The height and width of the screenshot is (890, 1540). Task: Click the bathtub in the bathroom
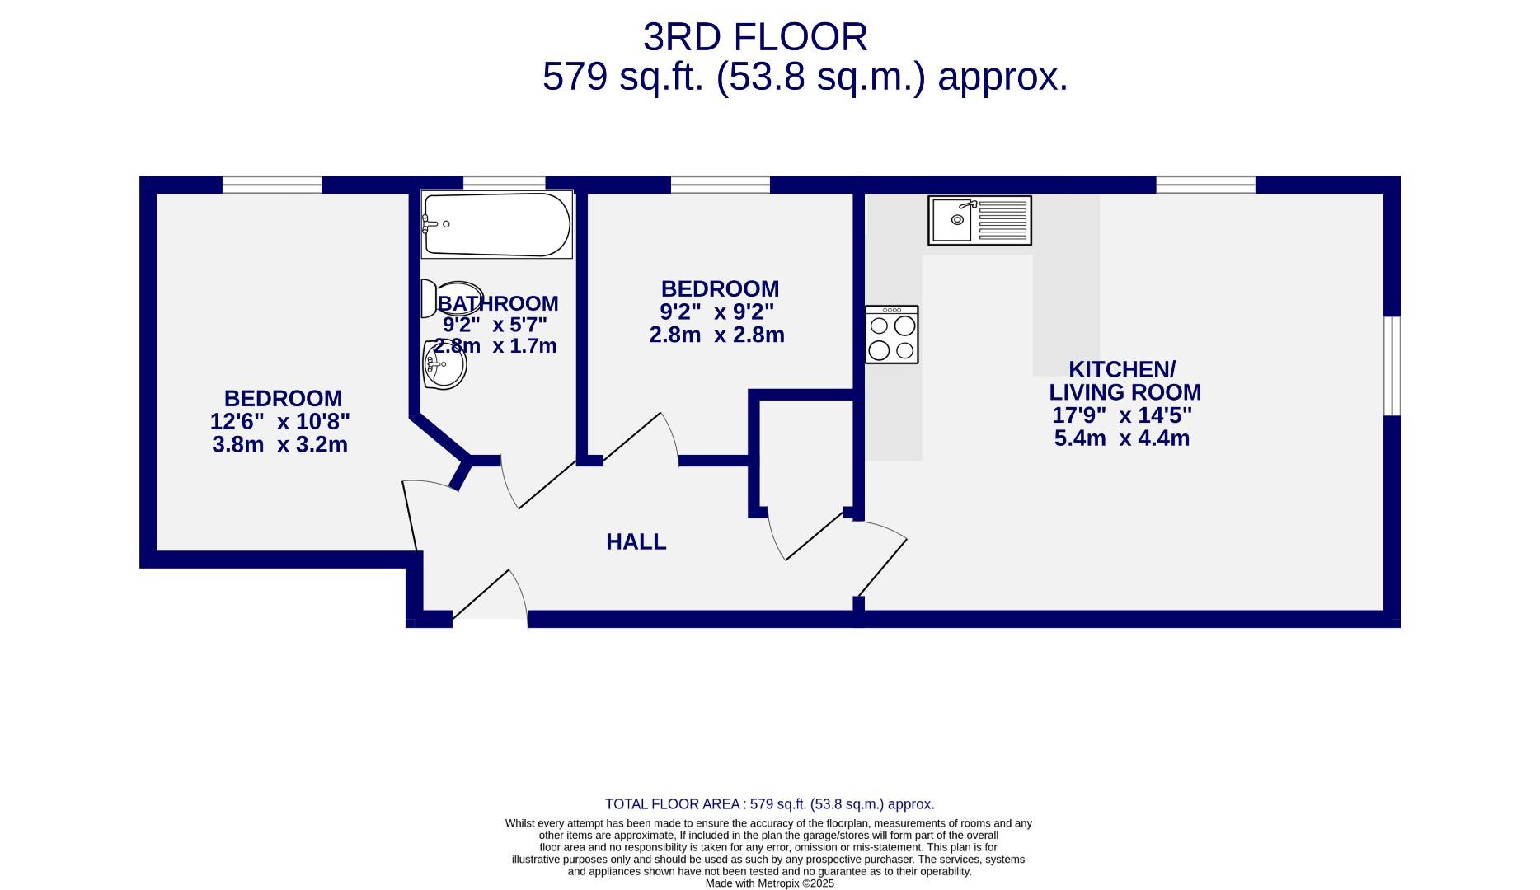click(496, 225)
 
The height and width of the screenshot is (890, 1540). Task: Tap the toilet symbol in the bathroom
click(429, 298)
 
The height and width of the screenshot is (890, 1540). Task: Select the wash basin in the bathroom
click(444, 365)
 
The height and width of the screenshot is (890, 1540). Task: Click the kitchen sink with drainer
click(979, 220)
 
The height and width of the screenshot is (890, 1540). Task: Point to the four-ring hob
click(891, 335)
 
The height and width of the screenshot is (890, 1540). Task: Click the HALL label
click(636, 542)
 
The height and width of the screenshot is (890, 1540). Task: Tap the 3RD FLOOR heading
click(754, 38)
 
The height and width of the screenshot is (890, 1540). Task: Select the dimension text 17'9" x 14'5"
click(1121, 415)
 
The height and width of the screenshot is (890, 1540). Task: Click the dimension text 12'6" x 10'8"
click(279, 422)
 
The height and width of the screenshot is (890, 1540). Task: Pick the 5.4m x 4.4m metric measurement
click(1121, 438)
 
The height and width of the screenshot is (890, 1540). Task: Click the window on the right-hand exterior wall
click(1392, 366)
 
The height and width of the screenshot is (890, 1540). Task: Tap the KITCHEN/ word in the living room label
click(1121, 369)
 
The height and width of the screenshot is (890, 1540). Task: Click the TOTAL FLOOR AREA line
click(769, 804)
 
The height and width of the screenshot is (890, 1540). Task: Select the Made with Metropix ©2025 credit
click(769, 883)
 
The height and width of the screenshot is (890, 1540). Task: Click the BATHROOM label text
click(498, 303)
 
